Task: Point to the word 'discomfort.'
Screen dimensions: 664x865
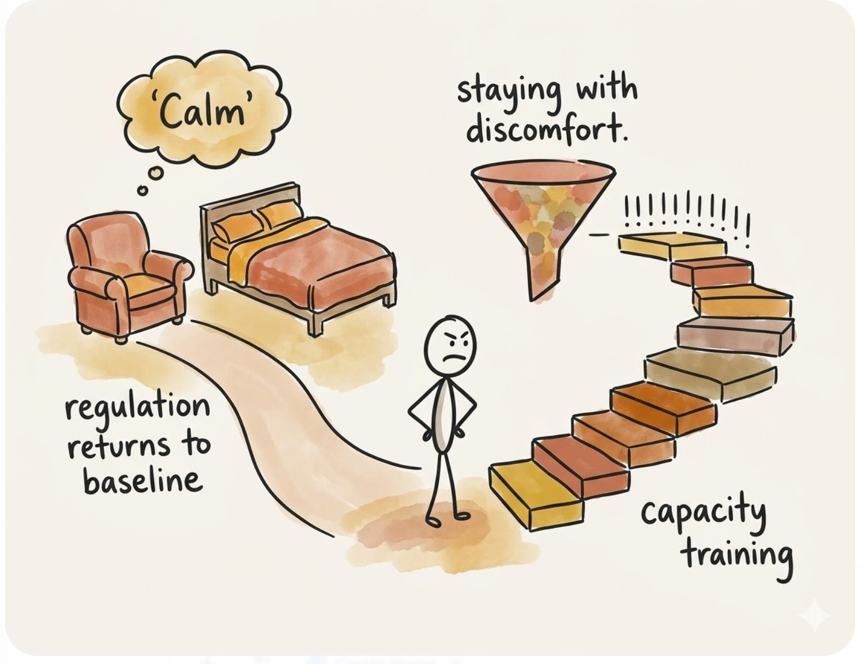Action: pyautogui.click(x=546, y=129)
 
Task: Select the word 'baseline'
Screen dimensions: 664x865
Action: pyautogui.click(x=142, y=481)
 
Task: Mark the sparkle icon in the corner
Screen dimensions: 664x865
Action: pyautogui.click(x=814, y=616)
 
